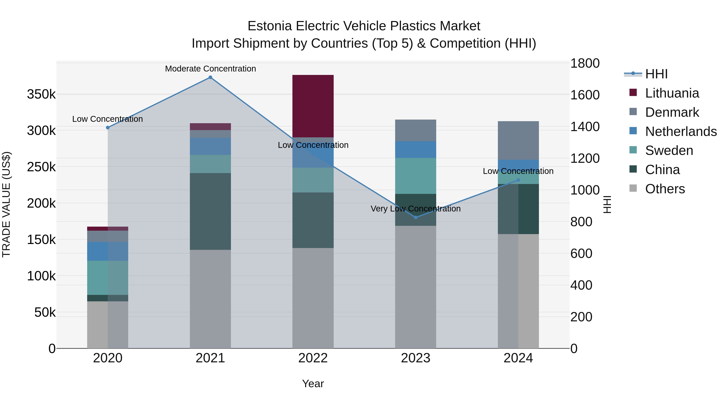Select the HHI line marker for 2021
[x=210, y=77]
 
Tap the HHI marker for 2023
[x=415, y=217]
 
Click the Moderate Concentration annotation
[x=210, y=69]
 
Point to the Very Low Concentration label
[x=415, y=209]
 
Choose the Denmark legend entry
[x=672, y=112]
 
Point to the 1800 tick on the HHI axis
[x=585, y=63]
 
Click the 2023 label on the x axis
[x=415, y=358]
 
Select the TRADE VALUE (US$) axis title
[x=6, y=204]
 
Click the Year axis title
[x=313, y=384]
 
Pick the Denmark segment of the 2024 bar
[x=518, y=141]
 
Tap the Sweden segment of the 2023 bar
[x=415, y=176]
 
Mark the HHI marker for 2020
[x=108, y=128]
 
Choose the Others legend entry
[x=665, y=189]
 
